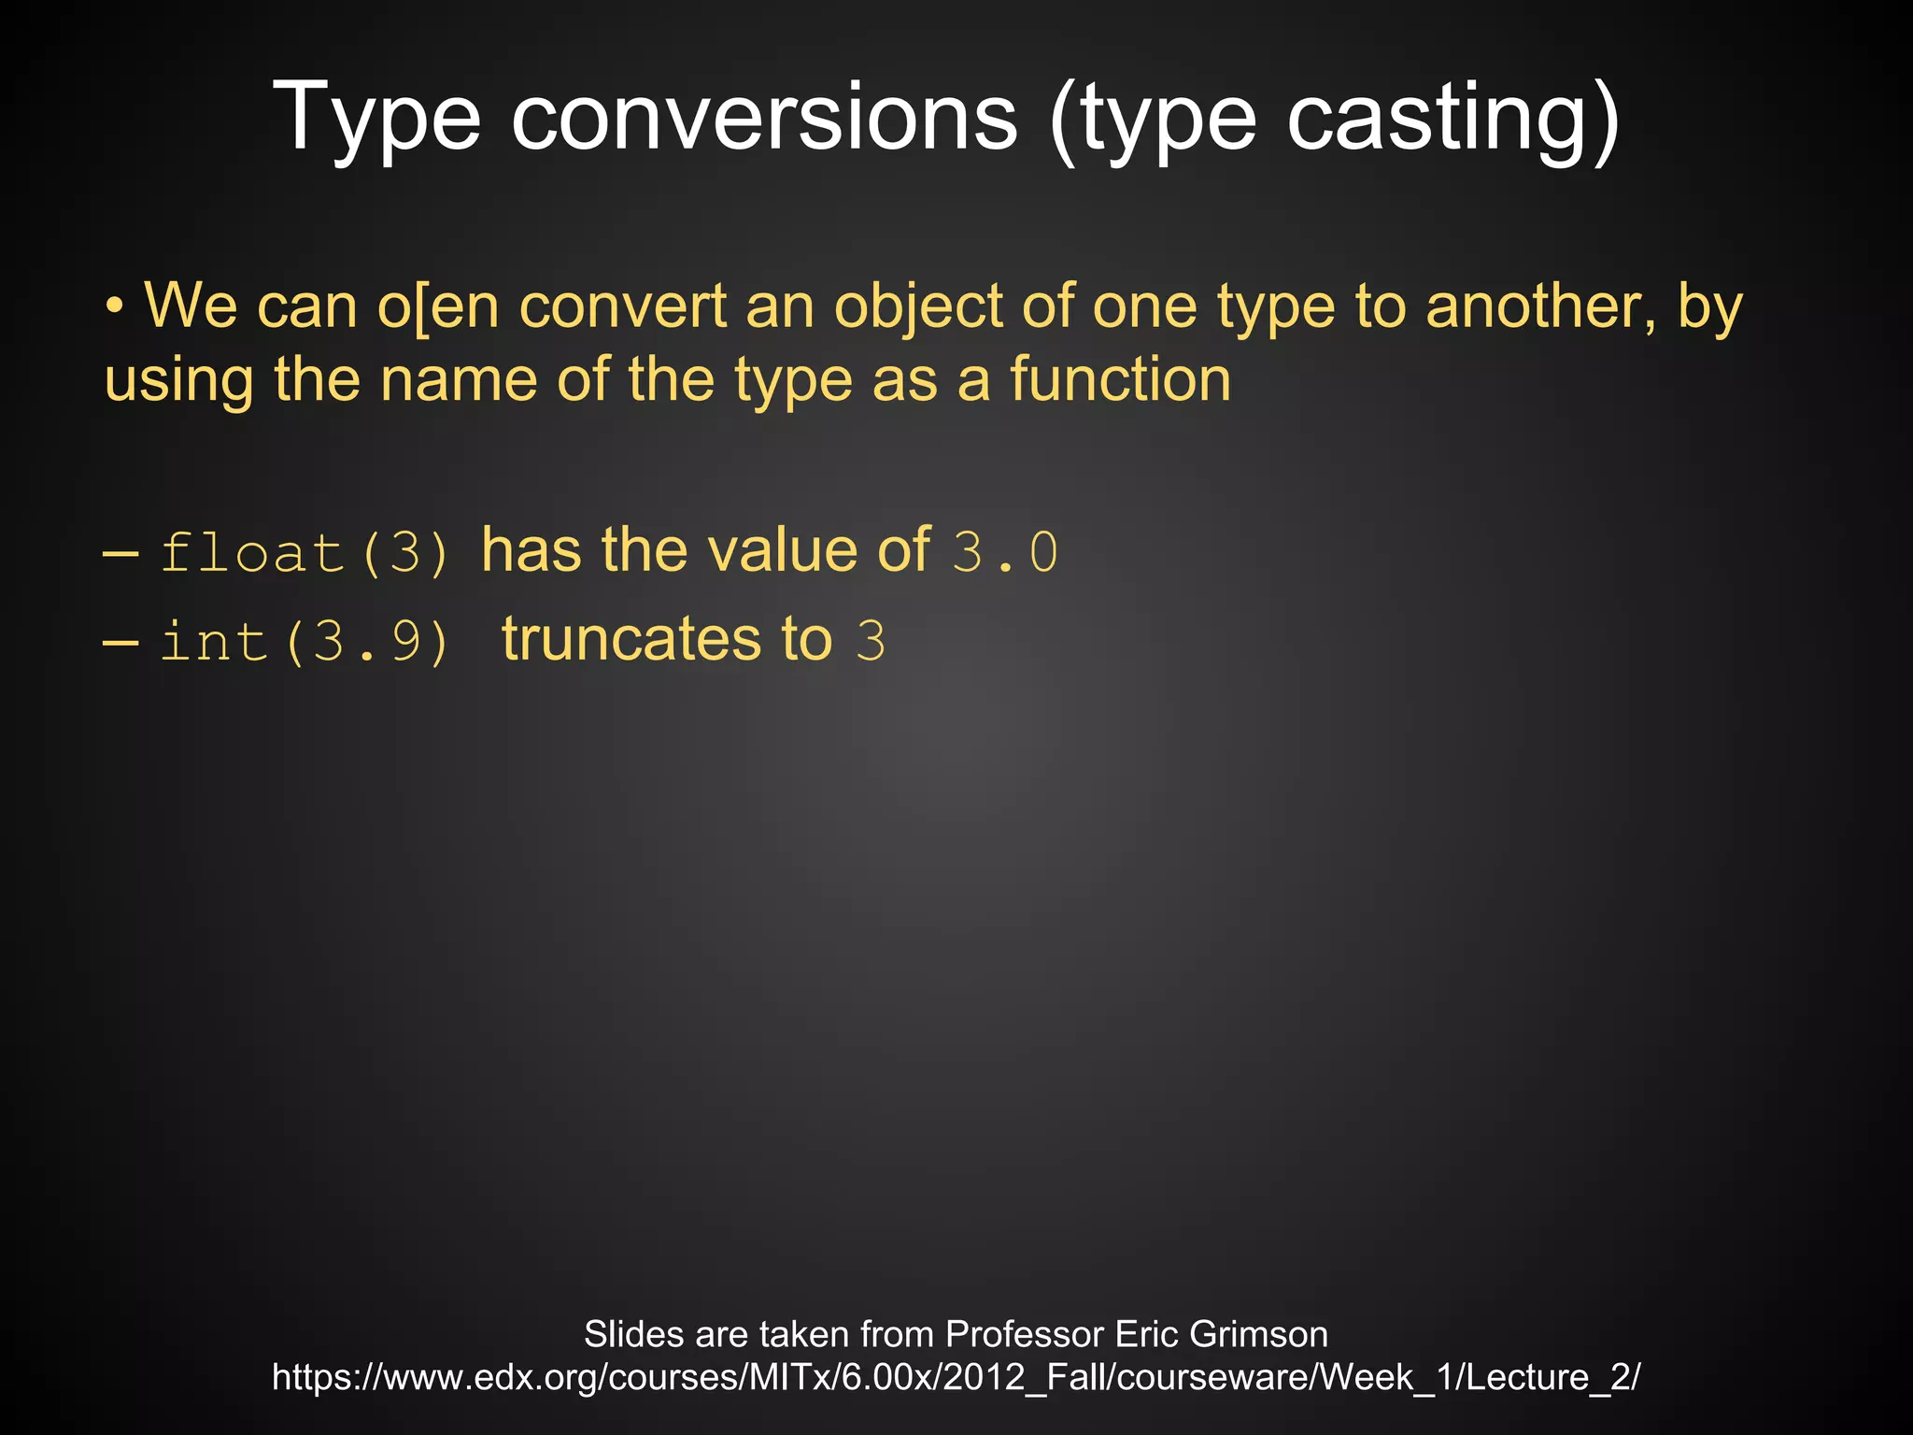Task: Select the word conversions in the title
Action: pyautogui.click(x=764, y=118)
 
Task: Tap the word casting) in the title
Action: pyautogui.click(x=1453, y=118)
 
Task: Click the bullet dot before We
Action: pyautogui.click(x=114, y=306)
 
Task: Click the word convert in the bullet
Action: pyautogui.click(x=622, y=306)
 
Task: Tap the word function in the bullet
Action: pyautogui.click(x=1120, y=380)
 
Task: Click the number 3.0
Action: pyautogui.click(x=1005, y=552)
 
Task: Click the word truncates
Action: pyautogui.click(x=631, y=640)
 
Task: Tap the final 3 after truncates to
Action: pyautogui.click(x=871, y=642)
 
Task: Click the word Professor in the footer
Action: pyautogui.click(x=1025, y=1334)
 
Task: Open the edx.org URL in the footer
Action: pyautogui.click(x=956, y=1378)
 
